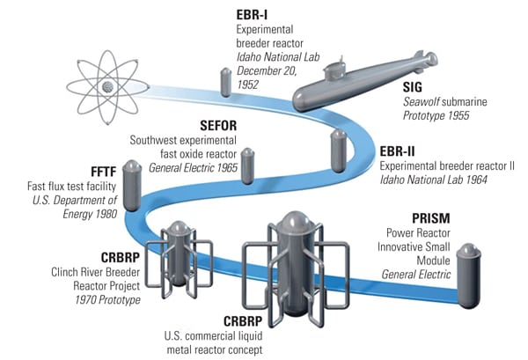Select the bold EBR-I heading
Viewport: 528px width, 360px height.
tap(254, 15)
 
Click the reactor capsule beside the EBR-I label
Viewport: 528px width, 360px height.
tap(224, 82)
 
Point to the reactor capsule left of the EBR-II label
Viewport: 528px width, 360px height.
tap(337, 151)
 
